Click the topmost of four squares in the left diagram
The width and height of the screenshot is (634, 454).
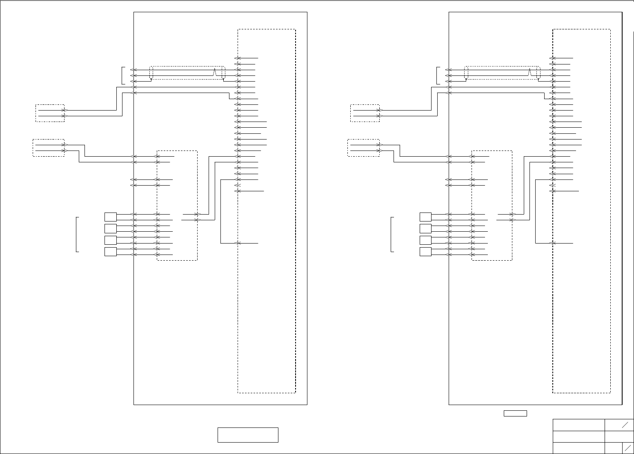(x=110, y=217)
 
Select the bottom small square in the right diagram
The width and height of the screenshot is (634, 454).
(x=425, y=252)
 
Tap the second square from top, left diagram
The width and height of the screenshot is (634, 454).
(x=110, y=228)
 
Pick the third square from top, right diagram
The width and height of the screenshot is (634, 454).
(x=425, y=240)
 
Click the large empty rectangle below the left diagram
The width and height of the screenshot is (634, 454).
(x=248, y=435)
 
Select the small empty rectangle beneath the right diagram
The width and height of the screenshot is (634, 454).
(x=515, y=413)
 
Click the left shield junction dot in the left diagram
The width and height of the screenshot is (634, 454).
(x=151, y=80)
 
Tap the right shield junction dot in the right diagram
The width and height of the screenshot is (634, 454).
(x=538, y=80)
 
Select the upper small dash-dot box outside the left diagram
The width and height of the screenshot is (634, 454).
(x=50, y=113)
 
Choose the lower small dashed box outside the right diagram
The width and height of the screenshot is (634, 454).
(x=363, y=148)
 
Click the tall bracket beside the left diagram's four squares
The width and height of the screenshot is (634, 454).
(x=77, y=235)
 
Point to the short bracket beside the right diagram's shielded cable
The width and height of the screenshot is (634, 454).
(x=437, y=75)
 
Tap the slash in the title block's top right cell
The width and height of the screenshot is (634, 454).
(x=625, y=425)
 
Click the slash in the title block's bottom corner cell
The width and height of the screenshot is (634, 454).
(x=628, y=447)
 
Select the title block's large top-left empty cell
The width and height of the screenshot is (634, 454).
(x=578, y=425)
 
